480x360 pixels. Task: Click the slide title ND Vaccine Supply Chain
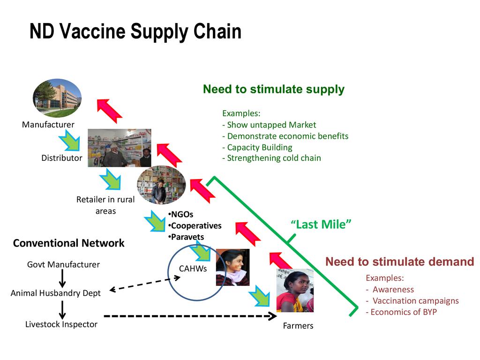tap(135, 32)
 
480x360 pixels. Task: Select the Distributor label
tap(61, 158)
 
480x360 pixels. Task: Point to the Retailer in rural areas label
tap(105, 205)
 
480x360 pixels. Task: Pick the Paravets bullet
tap(187, 237)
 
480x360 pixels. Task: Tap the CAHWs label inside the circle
tap(193, 269)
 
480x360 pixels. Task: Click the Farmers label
tap(298, 326)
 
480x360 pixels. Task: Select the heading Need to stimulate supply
tap(273, 90)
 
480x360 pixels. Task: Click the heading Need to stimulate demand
tap(399, 262)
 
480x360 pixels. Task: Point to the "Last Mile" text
tap(321, 225)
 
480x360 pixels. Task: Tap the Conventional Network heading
tap(68, 243)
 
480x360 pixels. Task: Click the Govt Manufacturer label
tap(63, 265)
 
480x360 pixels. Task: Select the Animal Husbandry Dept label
tap(55, 293)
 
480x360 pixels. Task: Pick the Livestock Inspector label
tap(61, 324)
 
